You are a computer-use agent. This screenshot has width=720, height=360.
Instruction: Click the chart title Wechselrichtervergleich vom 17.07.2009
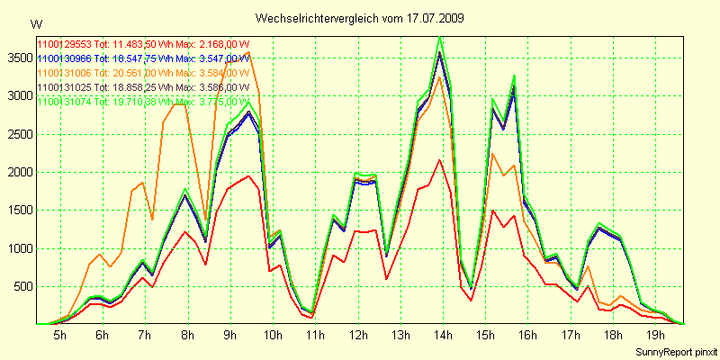point(359,18)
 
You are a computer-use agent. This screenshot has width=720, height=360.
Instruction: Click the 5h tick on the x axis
point(59,336)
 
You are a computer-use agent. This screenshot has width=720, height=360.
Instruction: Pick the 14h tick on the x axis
point(441,336)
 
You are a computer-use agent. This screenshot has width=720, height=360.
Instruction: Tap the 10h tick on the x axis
point(271,336)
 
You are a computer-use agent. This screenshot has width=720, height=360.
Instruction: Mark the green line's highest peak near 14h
point(439,37)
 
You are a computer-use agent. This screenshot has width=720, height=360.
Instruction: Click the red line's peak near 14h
point(439,160)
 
